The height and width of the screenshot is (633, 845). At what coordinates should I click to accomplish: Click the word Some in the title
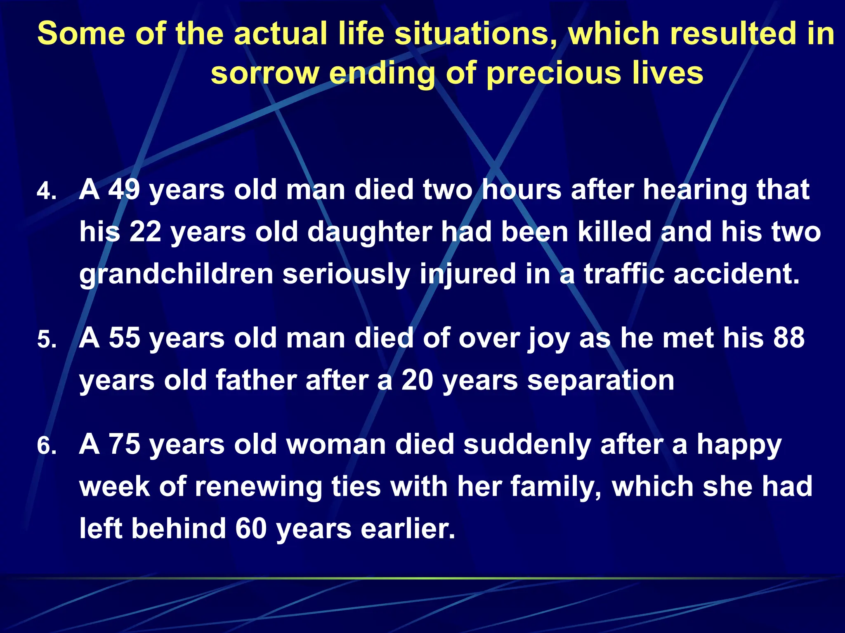tap(81, 34)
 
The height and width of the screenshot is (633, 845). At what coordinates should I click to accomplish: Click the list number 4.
tap(46, 192)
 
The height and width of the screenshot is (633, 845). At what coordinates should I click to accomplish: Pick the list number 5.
tap(46, 340)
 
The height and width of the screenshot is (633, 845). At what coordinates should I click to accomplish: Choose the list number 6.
tap(46, 446)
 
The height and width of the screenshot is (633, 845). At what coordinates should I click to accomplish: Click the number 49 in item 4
tap(124, 190)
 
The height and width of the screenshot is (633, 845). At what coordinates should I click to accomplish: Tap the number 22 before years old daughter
tap(145, 232)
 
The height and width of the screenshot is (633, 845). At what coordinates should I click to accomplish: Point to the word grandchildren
tap(176, 274)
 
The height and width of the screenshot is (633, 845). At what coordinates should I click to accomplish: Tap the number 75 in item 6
tap(124, 445)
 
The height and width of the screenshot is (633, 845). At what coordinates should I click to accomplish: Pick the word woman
tap(336, 445)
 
